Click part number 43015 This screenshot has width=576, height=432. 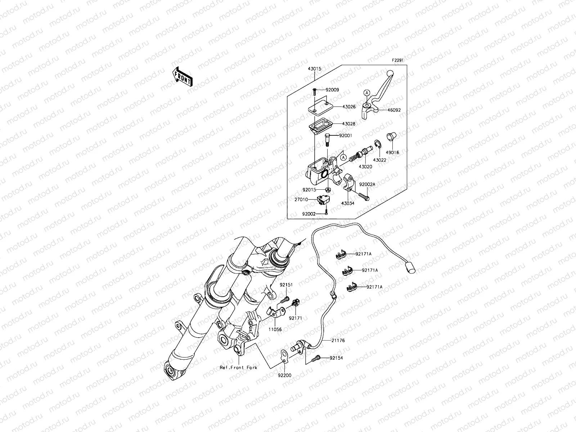pyautogui.click(x=314, y=69)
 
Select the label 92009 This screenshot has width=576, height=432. pyautogui.click(x=333, y=90)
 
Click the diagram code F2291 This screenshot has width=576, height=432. pyautogui.click(x=398, y=62)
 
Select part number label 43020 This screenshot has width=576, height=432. pyautogui.click(x=365, y=167)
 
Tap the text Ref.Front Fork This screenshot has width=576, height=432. pyautogui.click(x=239, y=368)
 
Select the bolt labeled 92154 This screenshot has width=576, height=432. pyautogui.click(x=316, y=358)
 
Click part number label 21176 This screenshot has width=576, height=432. pyautogui.click(x=338, y=340)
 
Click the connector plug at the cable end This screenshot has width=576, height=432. pyautogui.click(x=411, y=268)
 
